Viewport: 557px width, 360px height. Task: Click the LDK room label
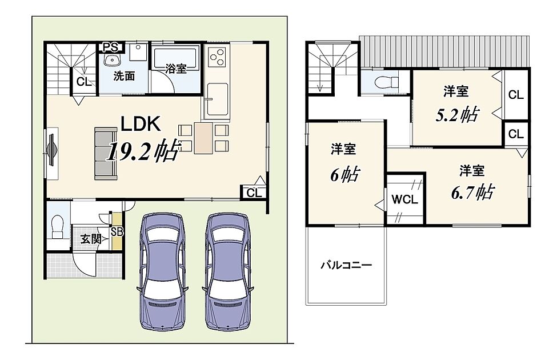pos(141,124)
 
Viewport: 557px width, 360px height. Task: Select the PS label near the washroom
pos(110,47)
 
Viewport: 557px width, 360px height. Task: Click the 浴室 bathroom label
pos(176,69)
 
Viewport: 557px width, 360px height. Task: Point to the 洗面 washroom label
pos(124,75)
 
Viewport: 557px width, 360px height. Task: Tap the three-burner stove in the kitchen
pos(217,57)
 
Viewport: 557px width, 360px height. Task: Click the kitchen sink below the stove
pos(217,99)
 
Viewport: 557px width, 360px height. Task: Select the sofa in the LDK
pos(106,154)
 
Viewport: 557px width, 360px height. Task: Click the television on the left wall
pos(51,150)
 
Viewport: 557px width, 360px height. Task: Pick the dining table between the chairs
pos(203,138)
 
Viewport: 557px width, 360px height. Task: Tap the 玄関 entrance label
pos(91,239)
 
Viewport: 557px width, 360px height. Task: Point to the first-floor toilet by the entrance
pos(57,227)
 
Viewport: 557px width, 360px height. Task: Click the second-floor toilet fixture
pos(387,82)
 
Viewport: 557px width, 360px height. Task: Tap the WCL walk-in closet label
pos(404,199)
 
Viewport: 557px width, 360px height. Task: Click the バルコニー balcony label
pos(346,265)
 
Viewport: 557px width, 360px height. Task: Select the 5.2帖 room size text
pos(457,114)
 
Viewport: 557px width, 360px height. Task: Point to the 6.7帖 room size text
pos(472,192)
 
